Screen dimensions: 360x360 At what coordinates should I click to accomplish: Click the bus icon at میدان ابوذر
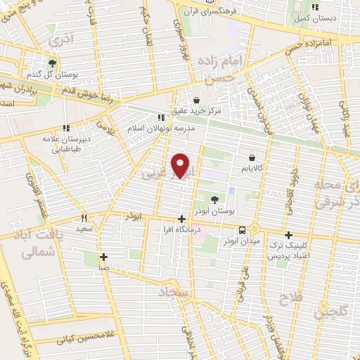[243, 230]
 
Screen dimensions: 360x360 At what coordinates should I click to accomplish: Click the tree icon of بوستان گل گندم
[51, 63]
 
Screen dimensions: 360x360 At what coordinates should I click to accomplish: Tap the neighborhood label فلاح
[294, 298]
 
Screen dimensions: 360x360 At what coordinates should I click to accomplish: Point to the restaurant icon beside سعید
[84, 218]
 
